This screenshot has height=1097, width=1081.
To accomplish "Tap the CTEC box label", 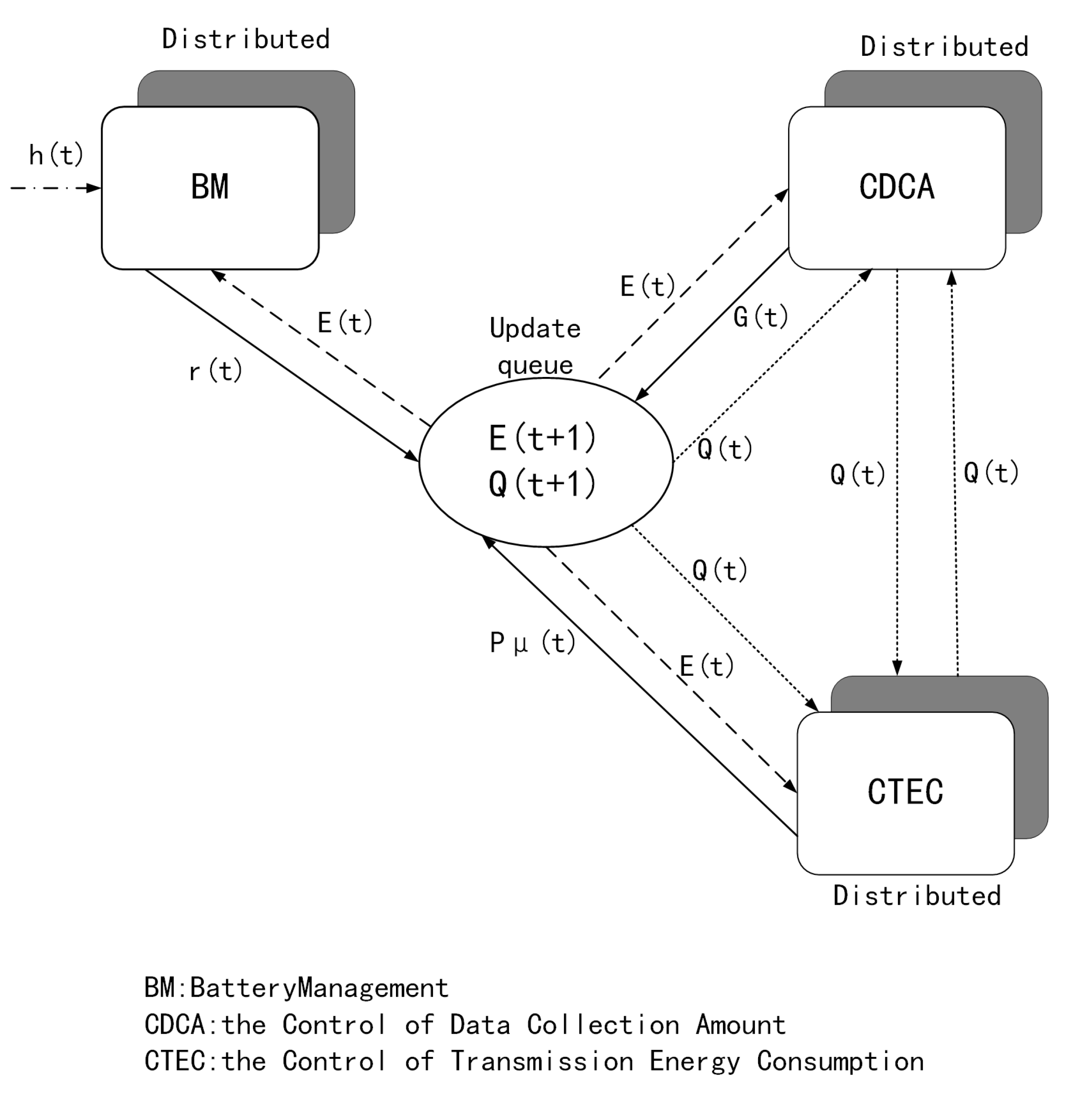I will point(905,791).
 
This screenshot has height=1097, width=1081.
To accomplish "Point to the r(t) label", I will point(215,372).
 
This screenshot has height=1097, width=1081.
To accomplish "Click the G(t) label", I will point(761,317).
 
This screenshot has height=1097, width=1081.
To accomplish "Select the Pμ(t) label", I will point(532,643).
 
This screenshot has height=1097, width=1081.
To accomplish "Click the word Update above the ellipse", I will point(535,329).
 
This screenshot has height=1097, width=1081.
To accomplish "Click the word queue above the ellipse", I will point(535,366).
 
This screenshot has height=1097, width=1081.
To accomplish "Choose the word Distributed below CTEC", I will point(916,896).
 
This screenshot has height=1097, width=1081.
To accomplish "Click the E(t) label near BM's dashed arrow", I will point(344,323).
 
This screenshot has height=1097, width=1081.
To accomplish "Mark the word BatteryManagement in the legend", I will point(319,988).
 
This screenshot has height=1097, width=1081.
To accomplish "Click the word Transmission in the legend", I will point(542,1061).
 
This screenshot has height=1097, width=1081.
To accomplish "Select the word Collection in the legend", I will point(603,1025).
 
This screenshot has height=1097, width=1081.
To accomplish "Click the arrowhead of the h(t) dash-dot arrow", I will point(95,188).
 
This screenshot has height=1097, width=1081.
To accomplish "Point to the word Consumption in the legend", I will point(840,1061).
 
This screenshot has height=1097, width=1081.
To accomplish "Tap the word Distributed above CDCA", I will point(944,47).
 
